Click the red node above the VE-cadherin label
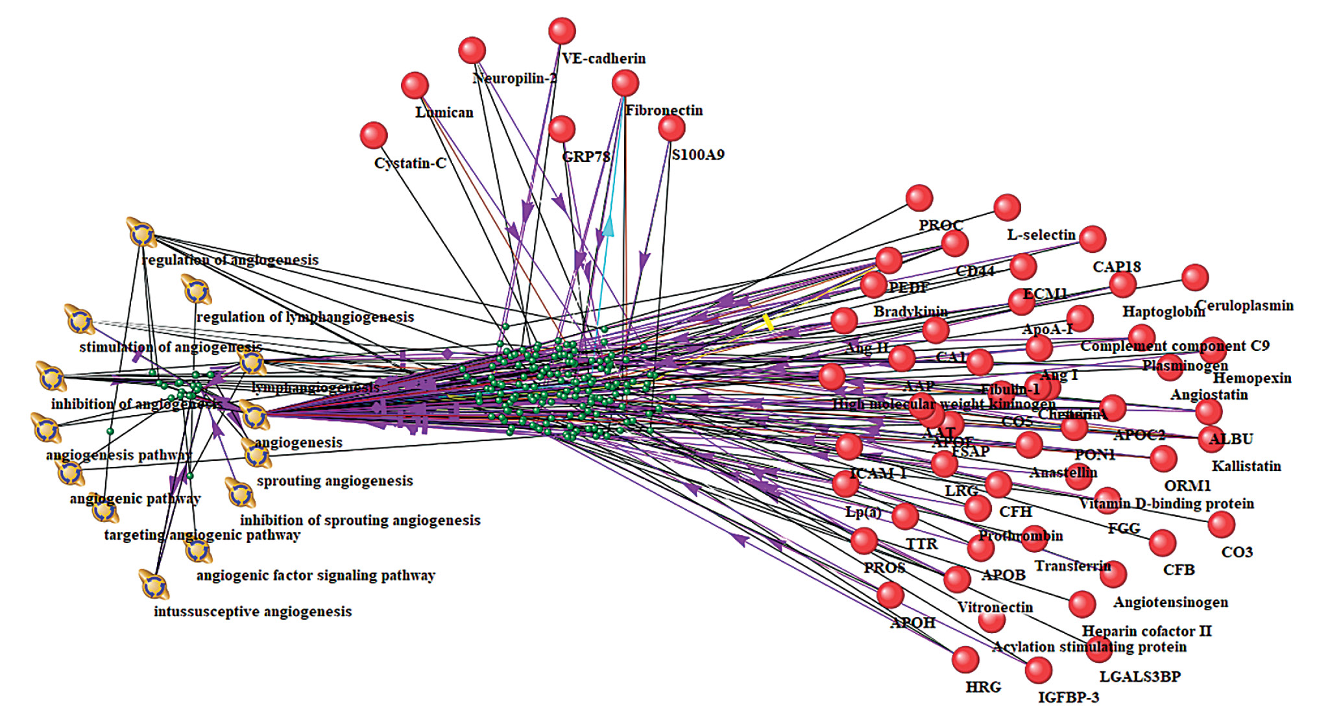click(x=562, y=31)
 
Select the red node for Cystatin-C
click(x=374, y=136)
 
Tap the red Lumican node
click(x=415, y=86)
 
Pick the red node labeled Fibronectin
click(x=625, y=83)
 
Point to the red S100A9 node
click(x=671, y=128)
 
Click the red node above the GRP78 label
click(x=562, y=129)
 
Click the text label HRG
click(x=983, y=687)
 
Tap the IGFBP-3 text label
click(x=1069, y=698)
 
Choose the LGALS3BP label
click(x=1140, y=677)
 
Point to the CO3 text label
click(x=1237, y=553)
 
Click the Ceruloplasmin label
click(x=1244, y=306)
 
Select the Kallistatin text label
click(x=1246, y=466)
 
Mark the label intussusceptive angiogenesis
click(x=252, y=612)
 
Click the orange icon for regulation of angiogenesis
click(x=141, y=234)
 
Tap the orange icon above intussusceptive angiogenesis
click(x=154, y=584)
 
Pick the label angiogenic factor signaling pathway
click(x=315, y=575)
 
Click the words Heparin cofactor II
click(x=1146, y=631)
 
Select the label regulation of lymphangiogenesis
click(x=305, y=317)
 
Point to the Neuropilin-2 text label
click(x=514, y=78)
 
